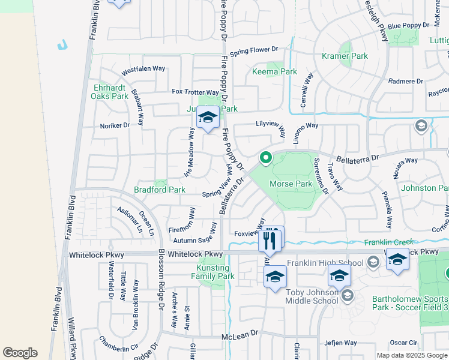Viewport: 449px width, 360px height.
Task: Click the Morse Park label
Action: click(291, 184)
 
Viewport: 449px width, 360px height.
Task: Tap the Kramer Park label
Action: click(347, 56)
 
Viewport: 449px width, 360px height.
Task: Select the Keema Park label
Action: click(274, 71)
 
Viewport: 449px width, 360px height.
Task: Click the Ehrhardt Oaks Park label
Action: click(110, 91)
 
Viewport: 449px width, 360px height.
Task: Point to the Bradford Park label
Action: click(159, 190)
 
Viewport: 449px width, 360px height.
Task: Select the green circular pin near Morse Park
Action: click(265, 158)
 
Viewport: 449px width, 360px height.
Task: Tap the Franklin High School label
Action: click(325, 263)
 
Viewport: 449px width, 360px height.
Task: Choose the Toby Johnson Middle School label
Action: click(312, 296)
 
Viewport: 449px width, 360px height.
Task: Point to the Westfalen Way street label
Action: click(143, 69)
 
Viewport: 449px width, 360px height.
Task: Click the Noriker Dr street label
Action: click(115, 125)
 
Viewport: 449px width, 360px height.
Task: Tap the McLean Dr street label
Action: click(240, 332)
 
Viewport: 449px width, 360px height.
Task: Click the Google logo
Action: click(20, 353)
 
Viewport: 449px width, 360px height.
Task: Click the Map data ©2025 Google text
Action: click(412, 355)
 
